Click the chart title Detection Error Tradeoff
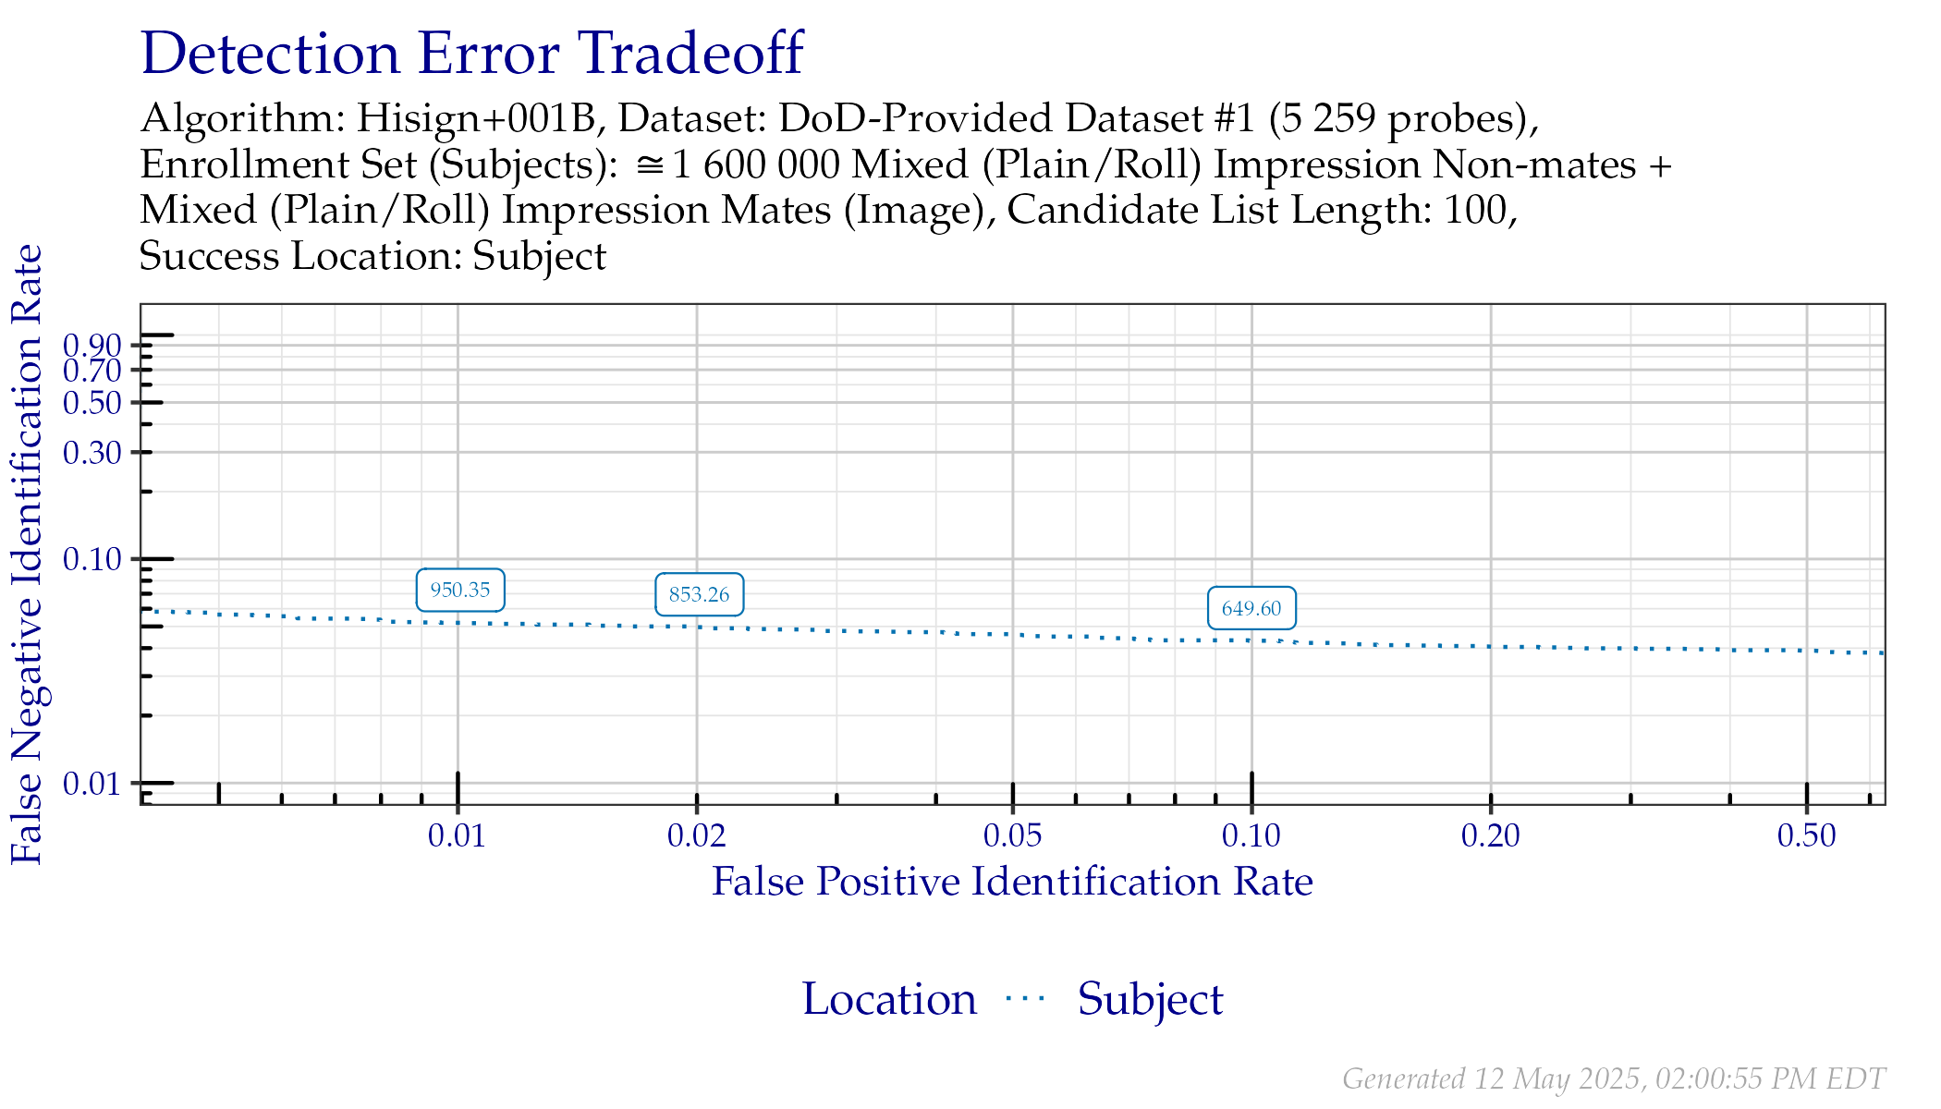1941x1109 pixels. coord(472,54)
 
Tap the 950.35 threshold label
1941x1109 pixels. coord(460,590)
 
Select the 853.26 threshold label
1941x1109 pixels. coord(699,594)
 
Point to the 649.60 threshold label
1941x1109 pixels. coord(1251,608)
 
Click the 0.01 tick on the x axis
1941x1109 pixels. coord(457,836)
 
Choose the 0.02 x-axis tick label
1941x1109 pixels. coord(697,836)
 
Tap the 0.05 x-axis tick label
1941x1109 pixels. coord(1013,836)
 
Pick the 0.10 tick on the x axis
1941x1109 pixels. coord(1251,836)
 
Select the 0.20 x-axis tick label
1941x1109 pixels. coord(1491,836)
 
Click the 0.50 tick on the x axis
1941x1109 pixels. coord(1806,836)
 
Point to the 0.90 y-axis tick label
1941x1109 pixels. coord(92,346)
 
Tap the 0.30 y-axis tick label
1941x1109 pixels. coord(92,453)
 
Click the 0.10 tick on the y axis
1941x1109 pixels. coord(92,559)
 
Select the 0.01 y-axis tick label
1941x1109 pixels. coord(92,784)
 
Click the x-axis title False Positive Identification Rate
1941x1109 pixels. coord(1012,882)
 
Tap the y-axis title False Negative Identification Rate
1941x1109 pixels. coord(28,554)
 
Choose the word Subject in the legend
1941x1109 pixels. coord(1150,999)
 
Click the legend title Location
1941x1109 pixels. coord(888,999)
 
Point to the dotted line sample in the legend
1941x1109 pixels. coord(1026,998)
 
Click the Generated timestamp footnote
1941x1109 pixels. coord(1613,1079)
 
